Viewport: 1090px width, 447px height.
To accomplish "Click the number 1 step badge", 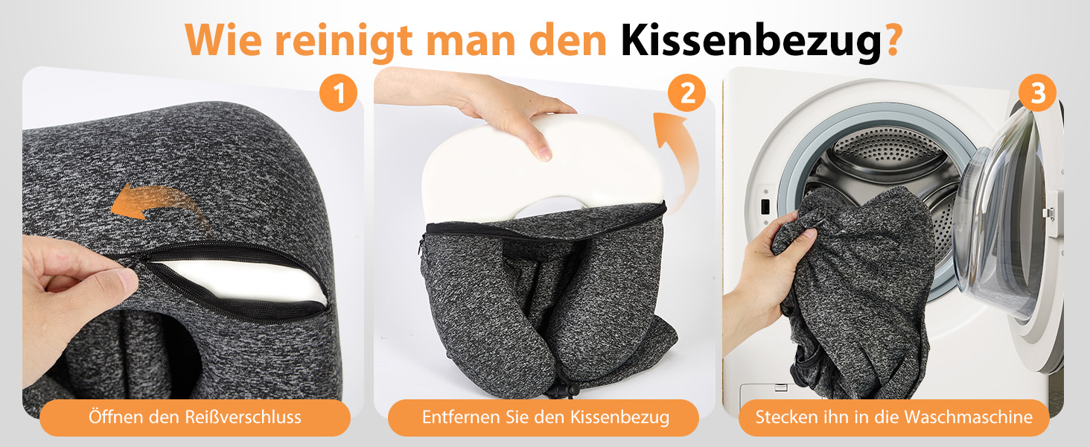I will tap(339, 94).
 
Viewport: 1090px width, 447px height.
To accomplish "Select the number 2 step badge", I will tap(686, 94).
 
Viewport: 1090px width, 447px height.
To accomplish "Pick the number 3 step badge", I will tap(1037, 94).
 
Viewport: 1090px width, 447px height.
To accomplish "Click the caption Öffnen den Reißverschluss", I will tap(195, 417).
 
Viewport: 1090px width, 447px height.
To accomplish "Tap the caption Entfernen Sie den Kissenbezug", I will tap(545, 417).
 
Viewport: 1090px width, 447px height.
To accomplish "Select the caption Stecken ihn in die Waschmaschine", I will tap(893, 417).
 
